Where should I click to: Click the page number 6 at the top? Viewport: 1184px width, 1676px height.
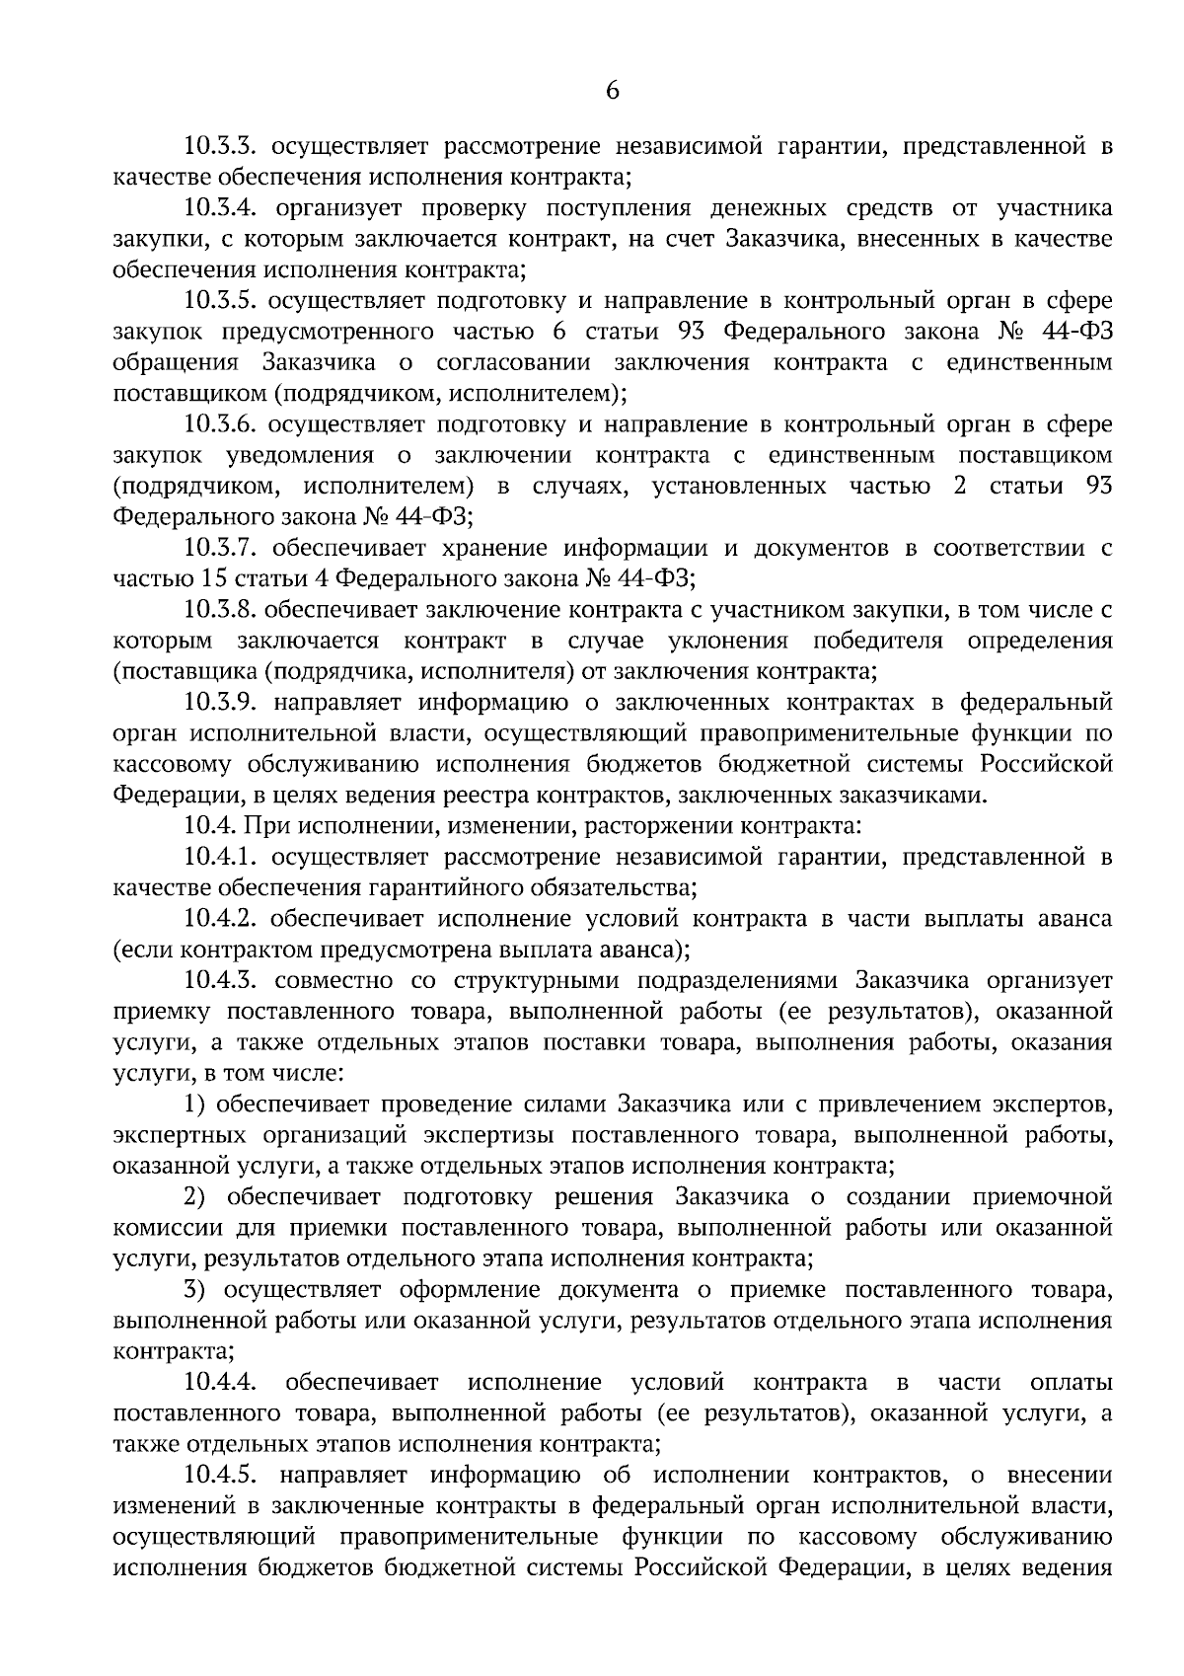pos(612,91)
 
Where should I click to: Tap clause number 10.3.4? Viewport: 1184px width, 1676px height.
pos(221,208)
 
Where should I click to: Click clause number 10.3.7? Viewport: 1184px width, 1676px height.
pos(221,548)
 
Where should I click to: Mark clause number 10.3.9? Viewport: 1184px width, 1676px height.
pos(221,703)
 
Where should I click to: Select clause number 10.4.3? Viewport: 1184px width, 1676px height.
pos(221,980)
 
